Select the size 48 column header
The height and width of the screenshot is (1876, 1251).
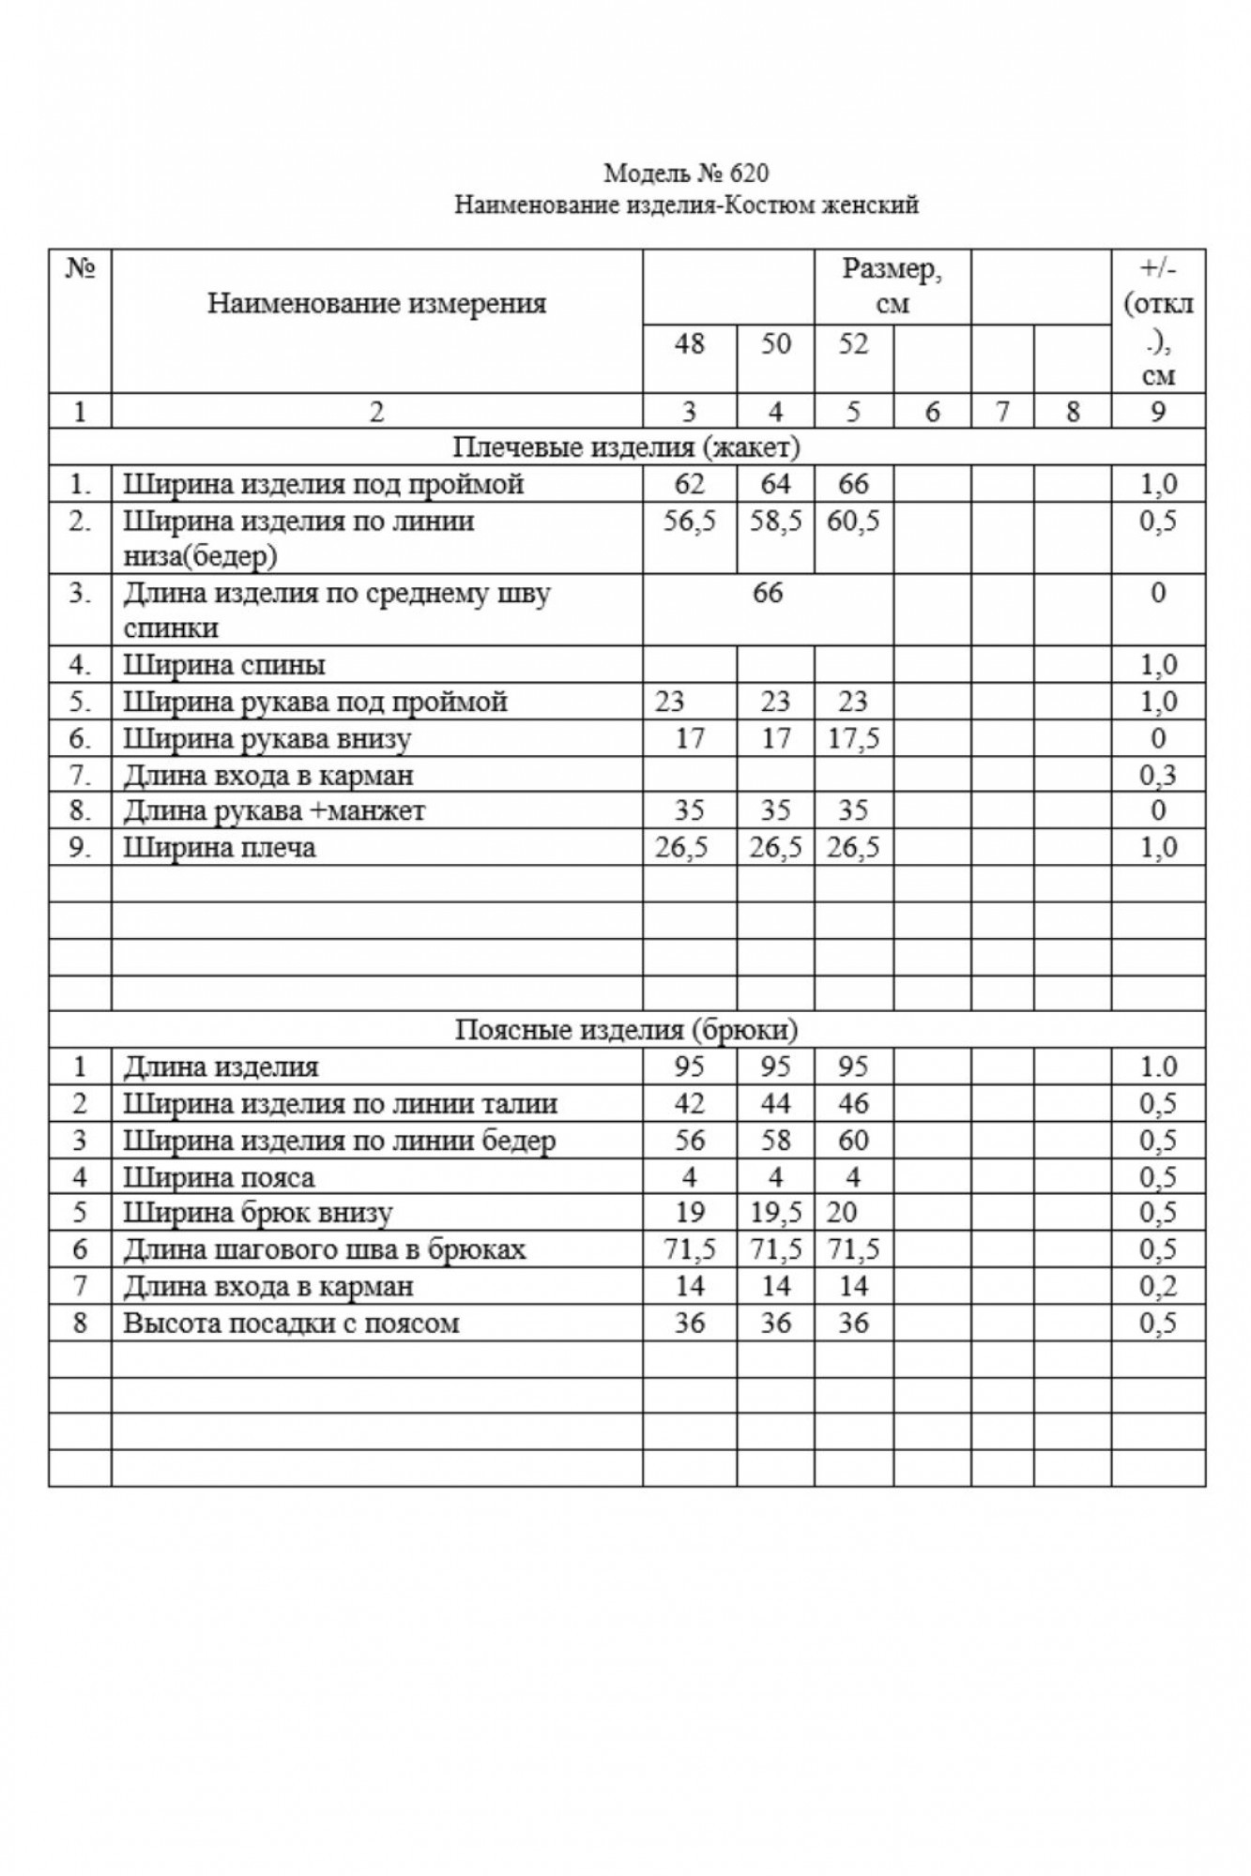(689, 344)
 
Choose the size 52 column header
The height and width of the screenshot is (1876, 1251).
(853, 344)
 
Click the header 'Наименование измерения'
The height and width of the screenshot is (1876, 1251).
(376, 303)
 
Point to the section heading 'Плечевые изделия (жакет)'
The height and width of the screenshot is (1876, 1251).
(626, 447)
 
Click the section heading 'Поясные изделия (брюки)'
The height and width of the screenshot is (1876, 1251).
(626, 1030)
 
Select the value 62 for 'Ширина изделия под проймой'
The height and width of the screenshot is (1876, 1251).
(689, 484)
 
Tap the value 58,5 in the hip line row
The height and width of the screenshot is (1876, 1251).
(775, 521)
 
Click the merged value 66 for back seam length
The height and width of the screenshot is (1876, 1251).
(768, 593)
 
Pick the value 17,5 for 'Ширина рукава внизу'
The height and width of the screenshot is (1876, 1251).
(853, 739)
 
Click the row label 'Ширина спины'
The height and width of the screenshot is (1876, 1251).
(224, 666)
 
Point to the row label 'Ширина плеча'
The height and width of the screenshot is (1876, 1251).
(220, 848)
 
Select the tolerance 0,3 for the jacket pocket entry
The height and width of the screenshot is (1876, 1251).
(1157, 776)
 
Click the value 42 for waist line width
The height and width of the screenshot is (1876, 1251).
(689, 1104)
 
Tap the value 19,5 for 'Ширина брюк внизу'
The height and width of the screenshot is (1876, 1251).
(775, 1213)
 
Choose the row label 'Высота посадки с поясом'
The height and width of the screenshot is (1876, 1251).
(291, 1324)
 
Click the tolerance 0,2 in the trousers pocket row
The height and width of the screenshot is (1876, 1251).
(1157, 1286)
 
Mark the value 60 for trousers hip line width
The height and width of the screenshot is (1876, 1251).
(853, 1141)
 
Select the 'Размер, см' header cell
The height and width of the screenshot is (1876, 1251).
(892, 286)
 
